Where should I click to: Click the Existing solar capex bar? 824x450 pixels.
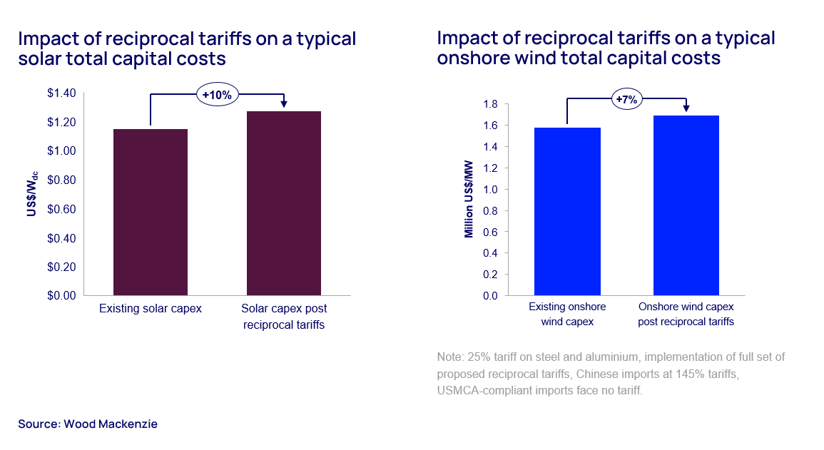pos(151,212)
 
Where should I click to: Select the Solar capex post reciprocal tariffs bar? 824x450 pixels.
pos(284,203)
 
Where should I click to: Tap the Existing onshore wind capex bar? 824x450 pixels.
pos(567,211)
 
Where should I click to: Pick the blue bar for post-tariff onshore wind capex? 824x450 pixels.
pos(686,205)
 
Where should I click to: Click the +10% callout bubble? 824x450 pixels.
pos(217,93)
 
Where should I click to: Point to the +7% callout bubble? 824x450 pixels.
pos(626,99)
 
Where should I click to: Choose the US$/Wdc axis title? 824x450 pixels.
pos(32,193)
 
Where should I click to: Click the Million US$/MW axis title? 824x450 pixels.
pos(469,198)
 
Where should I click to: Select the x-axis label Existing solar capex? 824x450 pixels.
pos(151,309)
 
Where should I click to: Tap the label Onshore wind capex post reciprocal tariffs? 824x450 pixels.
pos(686,314)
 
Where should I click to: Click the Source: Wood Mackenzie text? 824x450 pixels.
pos(87,424)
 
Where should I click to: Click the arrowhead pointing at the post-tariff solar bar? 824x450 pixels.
pos(284,104)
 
